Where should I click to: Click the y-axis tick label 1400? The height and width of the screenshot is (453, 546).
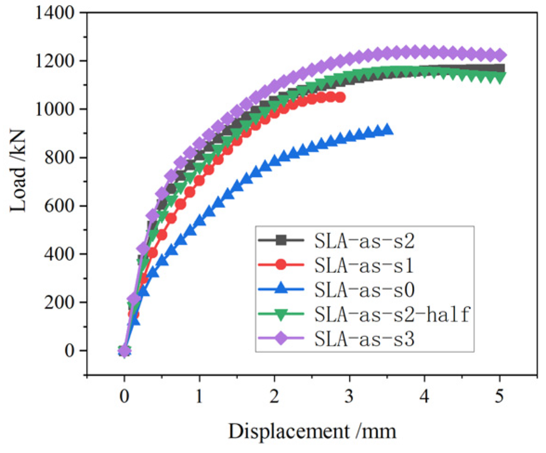pos(55,13)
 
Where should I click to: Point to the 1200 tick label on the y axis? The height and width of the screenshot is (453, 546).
pos(55,61)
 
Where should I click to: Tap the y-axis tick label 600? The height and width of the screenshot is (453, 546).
pos(59,206)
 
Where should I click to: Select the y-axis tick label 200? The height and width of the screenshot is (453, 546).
pos(59,302)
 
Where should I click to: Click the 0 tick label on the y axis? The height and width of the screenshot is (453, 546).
pos(70,350)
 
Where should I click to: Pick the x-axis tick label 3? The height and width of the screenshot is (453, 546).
pos(349,396)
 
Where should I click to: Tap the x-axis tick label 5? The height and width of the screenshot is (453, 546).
pos(499,396)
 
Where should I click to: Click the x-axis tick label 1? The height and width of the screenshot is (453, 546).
pos(199,396)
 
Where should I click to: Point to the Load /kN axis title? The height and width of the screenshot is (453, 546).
pos(18,170)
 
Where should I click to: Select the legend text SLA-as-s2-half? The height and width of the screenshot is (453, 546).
pos(392,314)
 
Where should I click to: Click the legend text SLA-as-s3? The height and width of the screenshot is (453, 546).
pos(365,338)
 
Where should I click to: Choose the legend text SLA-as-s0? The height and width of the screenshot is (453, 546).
pos(365,290)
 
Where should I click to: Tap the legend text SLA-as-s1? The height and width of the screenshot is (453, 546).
pos(364,265)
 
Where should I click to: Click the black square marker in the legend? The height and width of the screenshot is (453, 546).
pos(281,240)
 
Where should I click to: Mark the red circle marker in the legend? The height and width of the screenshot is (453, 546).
pos(281,265)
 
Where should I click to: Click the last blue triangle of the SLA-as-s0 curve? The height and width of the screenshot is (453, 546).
pos(387,129)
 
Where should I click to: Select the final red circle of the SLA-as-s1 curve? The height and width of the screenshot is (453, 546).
pos(340,97)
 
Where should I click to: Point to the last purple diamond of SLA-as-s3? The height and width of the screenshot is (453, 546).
pos(500,55)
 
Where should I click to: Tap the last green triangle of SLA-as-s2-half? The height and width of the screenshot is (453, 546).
pos(500,78)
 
